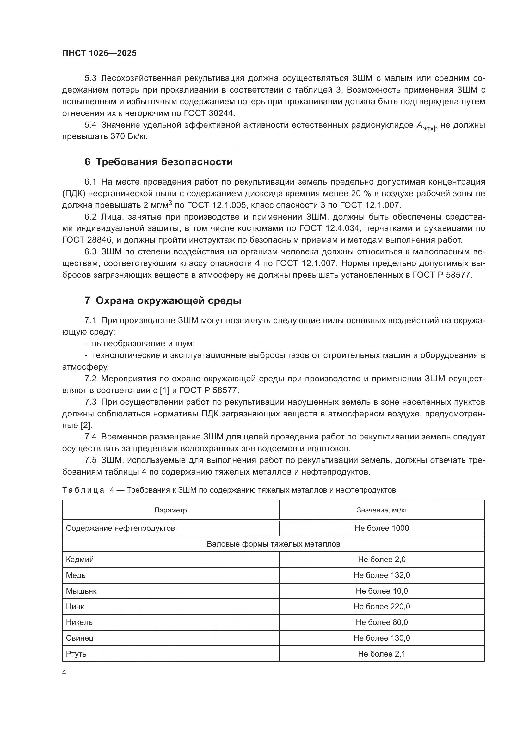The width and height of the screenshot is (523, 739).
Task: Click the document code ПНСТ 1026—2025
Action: click(x=99, y=53)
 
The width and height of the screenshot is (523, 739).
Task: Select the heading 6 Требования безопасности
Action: click(x=158, y=161)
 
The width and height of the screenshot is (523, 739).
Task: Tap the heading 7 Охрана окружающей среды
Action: click(x=163, y=300)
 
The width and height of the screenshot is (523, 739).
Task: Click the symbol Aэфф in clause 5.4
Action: click(x=427, y=126)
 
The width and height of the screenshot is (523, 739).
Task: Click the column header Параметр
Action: click(x=170, y=510)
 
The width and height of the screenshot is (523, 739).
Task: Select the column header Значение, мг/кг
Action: click(x=382, y=510)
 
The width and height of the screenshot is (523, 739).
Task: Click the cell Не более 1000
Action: click(x=382, y=528)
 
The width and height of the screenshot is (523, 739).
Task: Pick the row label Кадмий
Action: click(x=80, y=560)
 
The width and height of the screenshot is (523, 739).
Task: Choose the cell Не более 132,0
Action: click(x=382, y=575)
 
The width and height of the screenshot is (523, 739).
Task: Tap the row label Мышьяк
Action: click(x=81, y=591)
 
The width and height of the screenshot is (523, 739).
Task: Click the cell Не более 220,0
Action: click(x=382, y=607)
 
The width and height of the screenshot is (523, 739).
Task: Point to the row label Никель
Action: click(x=79, y=622)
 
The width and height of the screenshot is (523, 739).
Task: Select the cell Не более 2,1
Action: click(x=382, y=654)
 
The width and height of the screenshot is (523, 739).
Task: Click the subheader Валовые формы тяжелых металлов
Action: click(x=274, y=544)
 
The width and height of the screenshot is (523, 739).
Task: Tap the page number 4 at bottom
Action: click(x=64, y=672)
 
